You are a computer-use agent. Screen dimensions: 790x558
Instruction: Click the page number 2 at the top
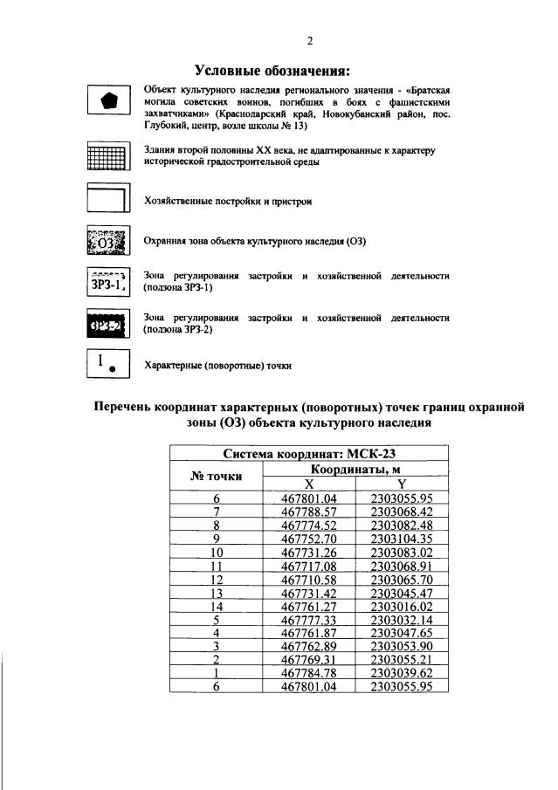point(309,40)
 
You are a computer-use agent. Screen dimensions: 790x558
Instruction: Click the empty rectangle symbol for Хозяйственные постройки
point(108,200)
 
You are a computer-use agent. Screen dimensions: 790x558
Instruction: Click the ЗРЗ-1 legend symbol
point(108,281)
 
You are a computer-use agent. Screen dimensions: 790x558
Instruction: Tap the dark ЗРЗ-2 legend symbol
point(108,325)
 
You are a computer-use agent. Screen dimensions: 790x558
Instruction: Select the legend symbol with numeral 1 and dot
point(108,363)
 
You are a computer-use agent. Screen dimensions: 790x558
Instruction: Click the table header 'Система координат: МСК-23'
point(308,453)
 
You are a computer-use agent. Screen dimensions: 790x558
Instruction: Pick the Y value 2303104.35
point(401,539)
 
